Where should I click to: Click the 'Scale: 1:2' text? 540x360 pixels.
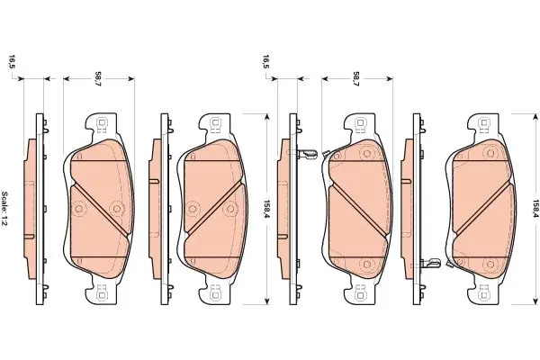(5, 209)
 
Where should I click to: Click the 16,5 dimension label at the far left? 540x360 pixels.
(13, 62)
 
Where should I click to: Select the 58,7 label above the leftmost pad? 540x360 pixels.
(98, 79)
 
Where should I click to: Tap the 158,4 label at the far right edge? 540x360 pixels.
(535, 209)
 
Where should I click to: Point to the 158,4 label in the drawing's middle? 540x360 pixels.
(266, 209)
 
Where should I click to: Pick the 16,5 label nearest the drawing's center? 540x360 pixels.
(265, 62)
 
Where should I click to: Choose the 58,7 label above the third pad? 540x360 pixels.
(356, 79)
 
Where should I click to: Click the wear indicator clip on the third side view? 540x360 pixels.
(307, 154)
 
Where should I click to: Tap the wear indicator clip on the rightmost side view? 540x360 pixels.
(431, 263)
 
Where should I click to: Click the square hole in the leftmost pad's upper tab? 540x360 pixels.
(102, 122)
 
